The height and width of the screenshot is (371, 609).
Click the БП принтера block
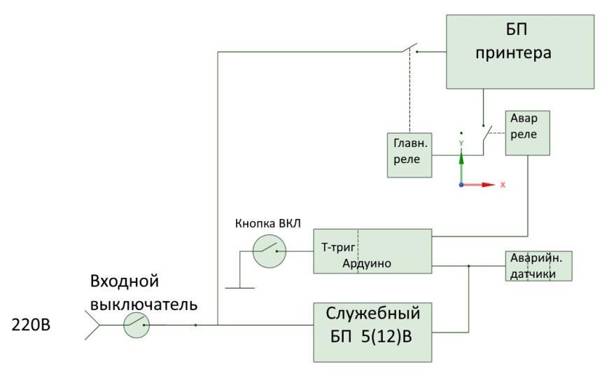point(520,52)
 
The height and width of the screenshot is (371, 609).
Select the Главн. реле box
point(409,155)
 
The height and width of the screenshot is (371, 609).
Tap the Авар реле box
point(527,133)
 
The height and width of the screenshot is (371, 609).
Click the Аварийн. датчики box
point(539,266)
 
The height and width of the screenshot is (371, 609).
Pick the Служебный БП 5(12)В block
point(372,332)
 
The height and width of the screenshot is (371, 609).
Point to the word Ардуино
point(367,263)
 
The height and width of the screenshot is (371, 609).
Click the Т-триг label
point(338,248)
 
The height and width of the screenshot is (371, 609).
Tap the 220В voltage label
point(31,325)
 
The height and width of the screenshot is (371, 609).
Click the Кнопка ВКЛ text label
point(268,223)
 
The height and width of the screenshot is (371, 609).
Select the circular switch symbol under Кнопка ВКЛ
point(269,251)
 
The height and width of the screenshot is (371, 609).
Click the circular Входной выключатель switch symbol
point(136,325)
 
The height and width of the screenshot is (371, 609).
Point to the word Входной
point(125,281)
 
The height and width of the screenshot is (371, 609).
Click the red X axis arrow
point(479,185)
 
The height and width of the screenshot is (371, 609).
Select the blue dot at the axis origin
point(461,185)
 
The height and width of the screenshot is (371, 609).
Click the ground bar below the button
point(240,288)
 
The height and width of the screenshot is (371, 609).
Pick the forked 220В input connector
point(92,325)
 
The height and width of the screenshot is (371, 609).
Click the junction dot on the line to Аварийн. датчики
point(469,266)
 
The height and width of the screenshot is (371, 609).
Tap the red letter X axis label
point(503,185)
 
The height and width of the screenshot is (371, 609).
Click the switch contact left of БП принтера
point(409,48)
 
